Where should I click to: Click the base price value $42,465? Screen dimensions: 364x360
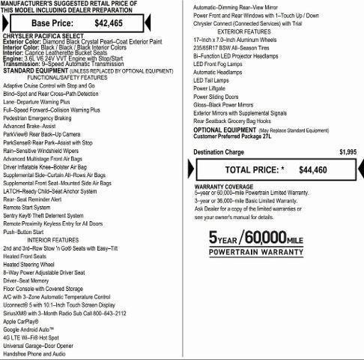[x=108, y=22]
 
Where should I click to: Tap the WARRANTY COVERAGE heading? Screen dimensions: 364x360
[x=224, y=185]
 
